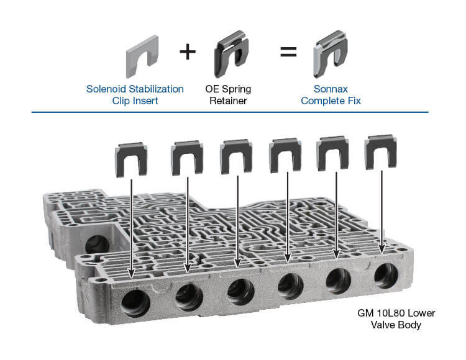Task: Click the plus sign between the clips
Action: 188,52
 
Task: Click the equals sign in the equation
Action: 288,52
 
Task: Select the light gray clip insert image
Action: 142,56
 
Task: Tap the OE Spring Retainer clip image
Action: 232,54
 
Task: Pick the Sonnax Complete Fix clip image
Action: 330,54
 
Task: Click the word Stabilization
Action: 156,89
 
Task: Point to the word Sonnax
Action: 331,89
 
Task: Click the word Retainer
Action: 228,101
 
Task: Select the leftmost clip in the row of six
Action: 131,160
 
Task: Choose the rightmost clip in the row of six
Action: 381,151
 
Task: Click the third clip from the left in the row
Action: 236,156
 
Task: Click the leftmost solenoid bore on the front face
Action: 135,303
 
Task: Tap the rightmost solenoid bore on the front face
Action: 386,276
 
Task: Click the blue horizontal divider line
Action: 230,112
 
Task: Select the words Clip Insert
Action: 135,101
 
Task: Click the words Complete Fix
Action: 331,101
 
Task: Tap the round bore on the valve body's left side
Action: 97,244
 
